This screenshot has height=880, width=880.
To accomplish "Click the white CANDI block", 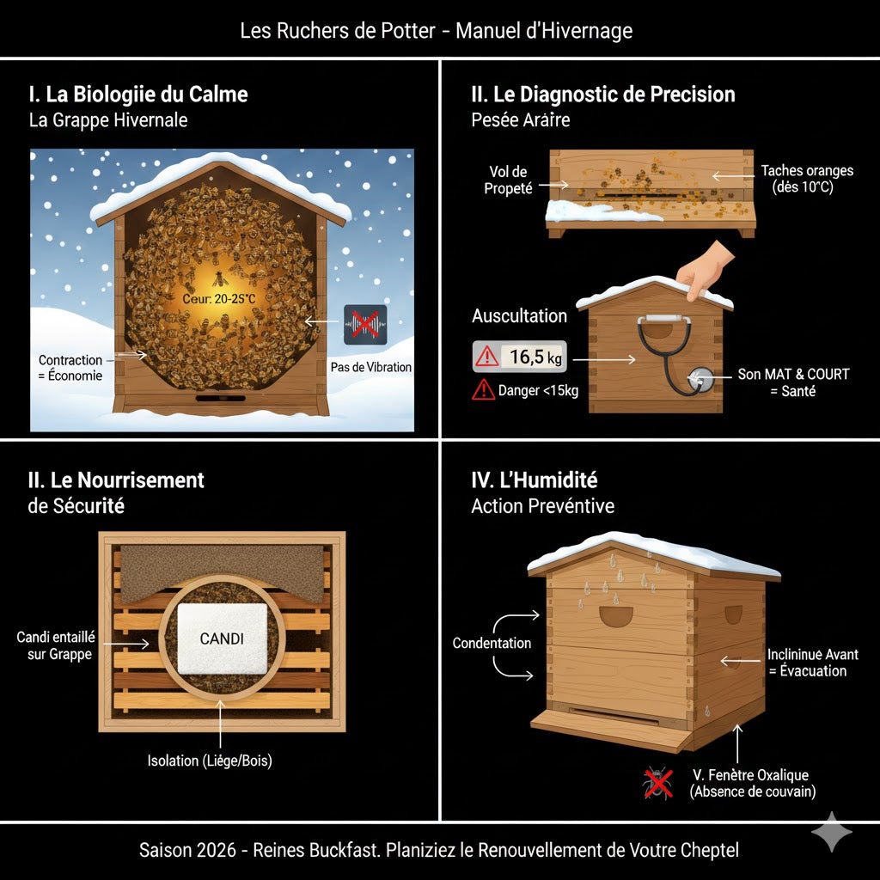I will tap(222, 640).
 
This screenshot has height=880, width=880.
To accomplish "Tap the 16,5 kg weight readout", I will tap(519, 356).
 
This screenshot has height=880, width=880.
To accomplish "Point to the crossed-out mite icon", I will tap(658, 784).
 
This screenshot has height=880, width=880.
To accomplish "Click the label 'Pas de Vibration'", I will tap(371, 367).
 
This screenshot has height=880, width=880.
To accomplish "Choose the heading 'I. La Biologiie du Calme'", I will tap(138, 94).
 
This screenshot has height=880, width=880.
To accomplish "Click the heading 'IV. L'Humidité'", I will tap(534, 480).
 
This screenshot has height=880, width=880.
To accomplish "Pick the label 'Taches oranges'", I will tap(807, 171).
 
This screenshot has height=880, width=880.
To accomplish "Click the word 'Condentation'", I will tap(492, 643).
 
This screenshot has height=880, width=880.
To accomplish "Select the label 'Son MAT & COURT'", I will tap(793, 375).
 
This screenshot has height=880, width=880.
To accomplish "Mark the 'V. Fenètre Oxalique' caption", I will tap(750, 775).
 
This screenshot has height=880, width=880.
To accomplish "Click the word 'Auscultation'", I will tap(519, 315).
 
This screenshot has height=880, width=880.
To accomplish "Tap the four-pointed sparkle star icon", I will tap(832, 832).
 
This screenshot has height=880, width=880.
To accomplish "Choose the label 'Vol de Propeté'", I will tap(508, 180).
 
